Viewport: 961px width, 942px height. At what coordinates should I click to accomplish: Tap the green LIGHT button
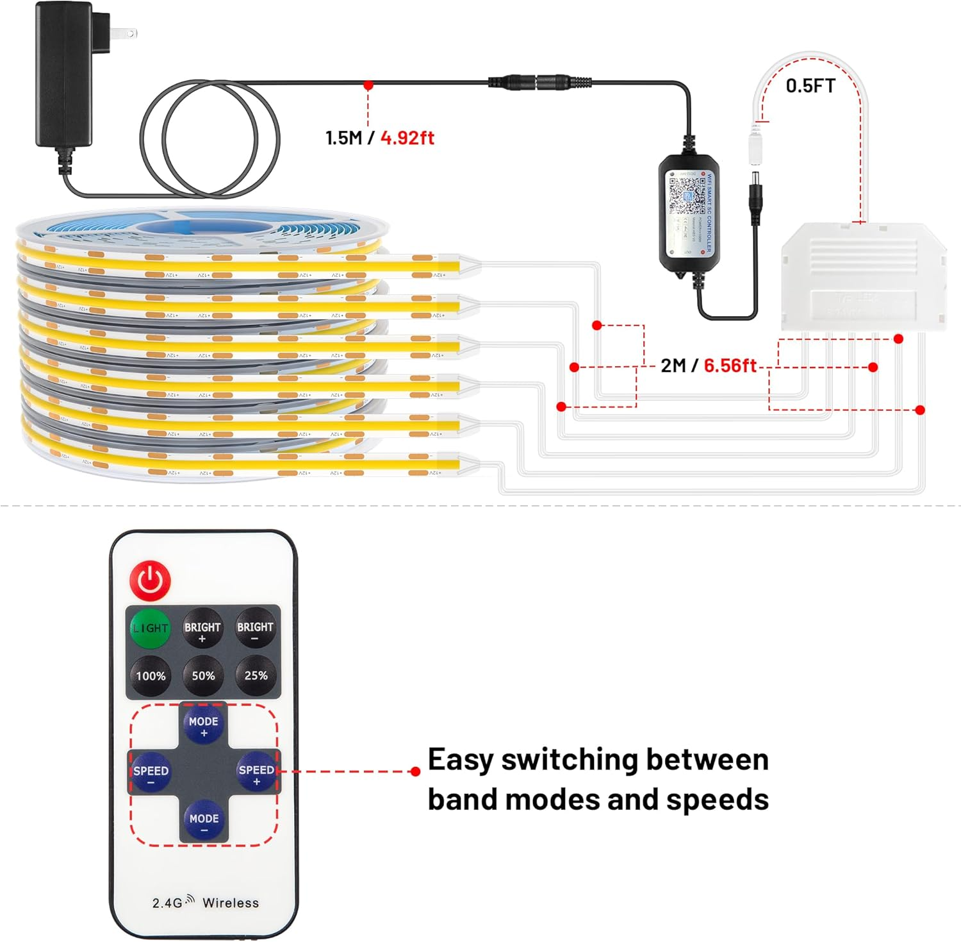(150, 628)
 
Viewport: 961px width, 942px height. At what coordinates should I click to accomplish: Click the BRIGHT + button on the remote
(202, 628)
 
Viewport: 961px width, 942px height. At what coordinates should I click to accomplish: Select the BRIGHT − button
(255, 628)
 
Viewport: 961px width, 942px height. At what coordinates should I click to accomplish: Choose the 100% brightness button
(151, 676)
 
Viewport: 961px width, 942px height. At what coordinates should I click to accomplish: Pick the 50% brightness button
(203, 676)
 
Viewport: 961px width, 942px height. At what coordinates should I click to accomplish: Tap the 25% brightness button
(256, 676)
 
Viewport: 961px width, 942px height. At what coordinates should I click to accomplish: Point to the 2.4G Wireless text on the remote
(205, 902)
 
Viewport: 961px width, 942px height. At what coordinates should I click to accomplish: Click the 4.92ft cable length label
(407, 138)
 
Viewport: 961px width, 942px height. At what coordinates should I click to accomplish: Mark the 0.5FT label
(810, 86)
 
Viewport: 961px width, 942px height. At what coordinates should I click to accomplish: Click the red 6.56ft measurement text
(730, 366)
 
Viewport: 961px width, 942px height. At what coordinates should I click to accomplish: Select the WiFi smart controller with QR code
(687, 215)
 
